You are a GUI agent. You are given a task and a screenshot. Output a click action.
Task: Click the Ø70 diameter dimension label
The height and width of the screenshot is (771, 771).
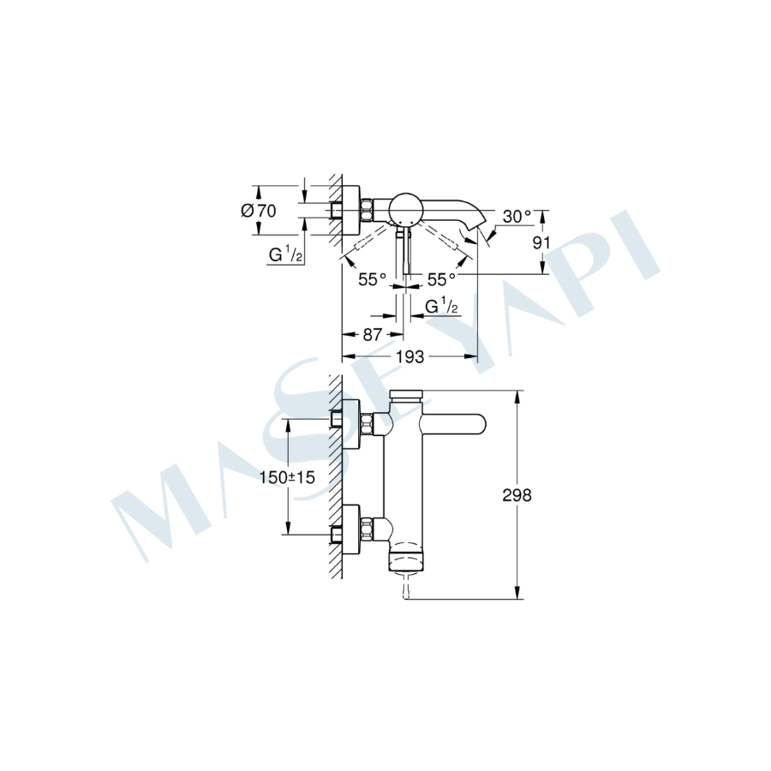click(x=259, y=211)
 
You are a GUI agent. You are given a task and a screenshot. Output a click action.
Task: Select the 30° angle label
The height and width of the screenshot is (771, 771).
click(x=517, y=216)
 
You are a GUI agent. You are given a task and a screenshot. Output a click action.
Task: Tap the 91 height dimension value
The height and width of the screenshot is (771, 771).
click(x=541, y=242)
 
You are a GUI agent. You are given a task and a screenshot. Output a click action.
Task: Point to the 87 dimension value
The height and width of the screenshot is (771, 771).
click(x=372, y=334)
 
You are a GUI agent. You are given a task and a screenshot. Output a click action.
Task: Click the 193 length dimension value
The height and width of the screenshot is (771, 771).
click(x=409, y=356)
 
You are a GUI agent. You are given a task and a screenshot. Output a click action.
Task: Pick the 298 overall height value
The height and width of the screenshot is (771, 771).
click(x=517, y=495)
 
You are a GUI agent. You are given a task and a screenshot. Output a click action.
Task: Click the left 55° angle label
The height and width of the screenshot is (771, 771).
click(x=373, y=279)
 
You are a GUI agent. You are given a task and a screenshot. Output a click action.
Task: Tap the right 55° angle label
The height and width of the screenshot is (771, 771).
click(x=441, y=279)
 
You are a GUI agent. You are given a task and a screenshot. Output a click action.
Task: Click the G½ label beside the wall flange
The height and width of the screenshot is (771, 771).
click(x=285, y=254)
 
